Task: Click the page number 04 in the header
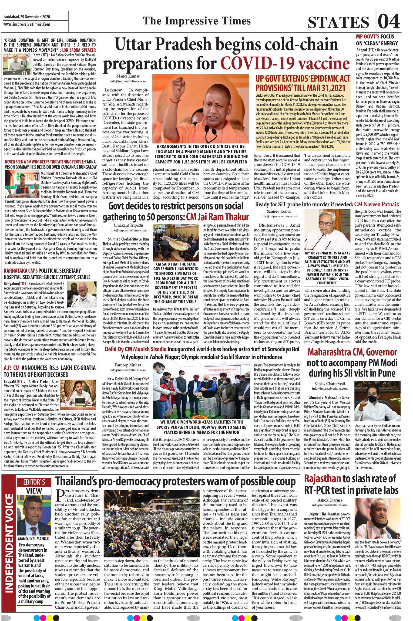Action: coord(389,21)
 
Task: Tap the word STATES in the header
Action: coord(338,22)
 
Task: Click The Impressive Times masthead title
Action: coord(197,21)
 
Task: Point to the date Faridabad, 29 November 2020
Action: coord(27,17)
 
